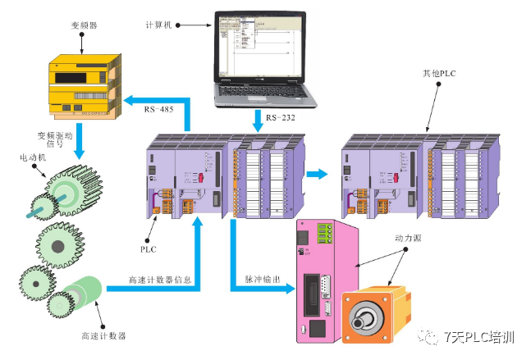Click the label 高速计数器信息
click(161, 280)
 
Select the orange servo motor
click(377, 316)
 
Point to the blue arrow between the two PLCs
click(317, 173)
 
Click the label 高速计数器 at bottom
click(104, 336)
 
